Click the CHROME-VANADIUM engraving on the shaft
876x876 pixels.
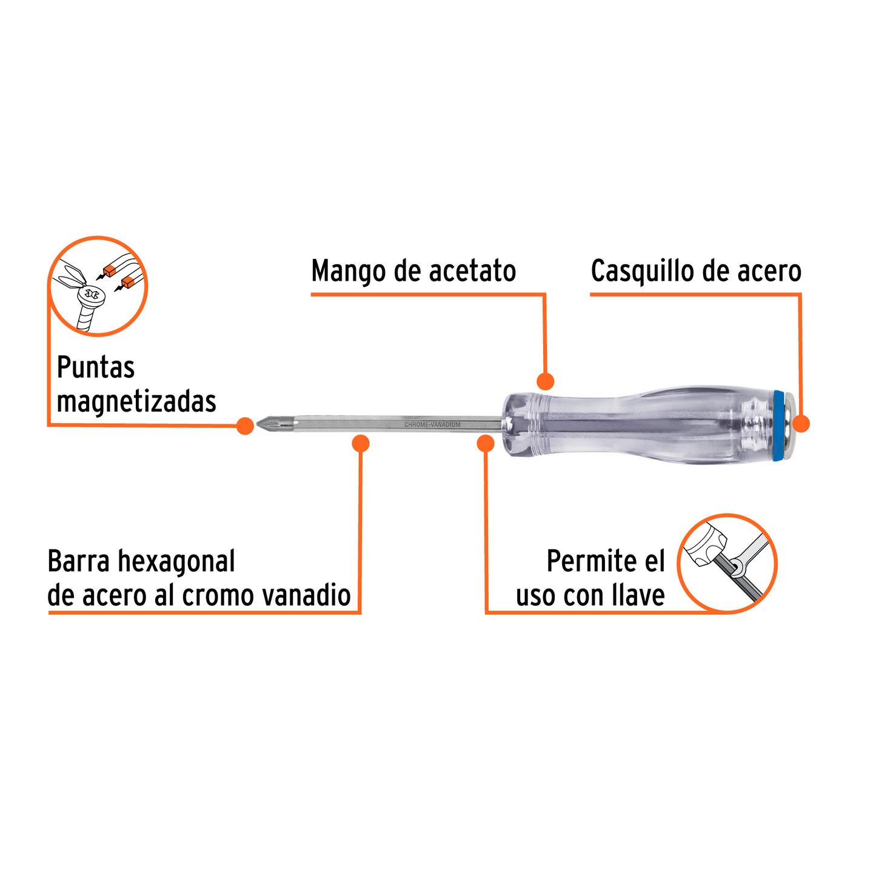point(432,425)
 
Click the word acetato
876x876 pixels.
point(472,271)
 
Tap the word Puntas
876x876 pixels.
point(95,367)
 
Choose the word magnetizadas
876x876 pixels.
point(136,401)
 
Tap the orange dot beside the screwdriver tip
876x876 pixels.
point(245,426)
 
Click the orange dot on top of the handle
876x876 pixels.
point(545,381)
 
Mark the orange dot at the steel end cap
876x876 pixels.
point(801,424)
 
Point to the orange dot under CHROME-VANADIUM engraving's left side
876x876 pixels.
point(361,443)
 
